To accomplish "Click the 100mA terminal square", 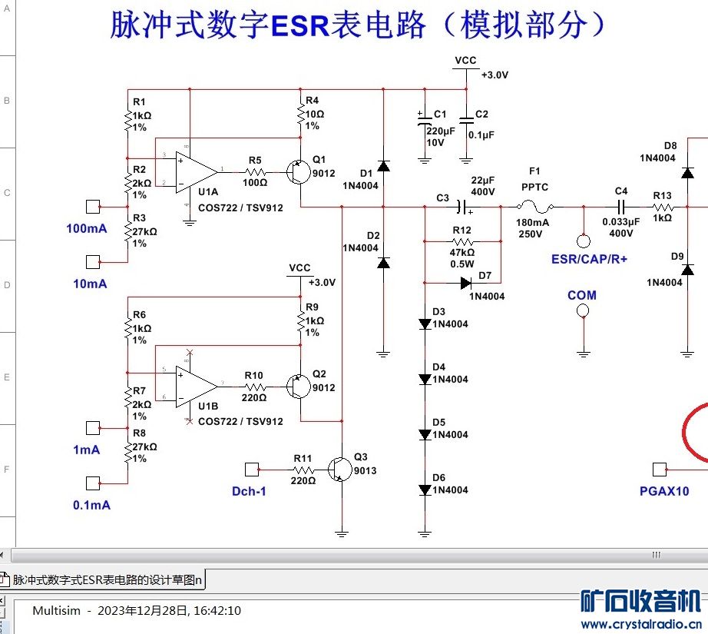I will [x=93, y=207].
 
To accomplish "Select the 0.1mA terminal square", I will [x=93, y=483].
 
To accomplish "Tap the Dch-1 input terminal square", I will [x=250, y=469].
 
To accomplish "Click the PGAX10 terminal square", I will [x=658, y=469].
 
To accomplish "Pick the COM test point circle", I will [x=582, y=311].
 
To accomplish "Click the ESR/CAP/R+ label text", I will [x=589, y=259].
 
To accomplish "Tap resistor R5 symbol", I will [x=255, y=171].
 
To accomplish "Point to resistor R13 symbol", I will [x=663, y=207].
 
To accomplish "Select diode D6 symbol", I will [x=425, y=490].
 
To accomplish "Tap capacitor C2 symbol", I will [x=465, y=120].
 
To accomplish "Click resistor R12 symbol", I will [x=462, y=241].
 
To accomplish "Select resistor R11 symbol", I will [x=303, y=469].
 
